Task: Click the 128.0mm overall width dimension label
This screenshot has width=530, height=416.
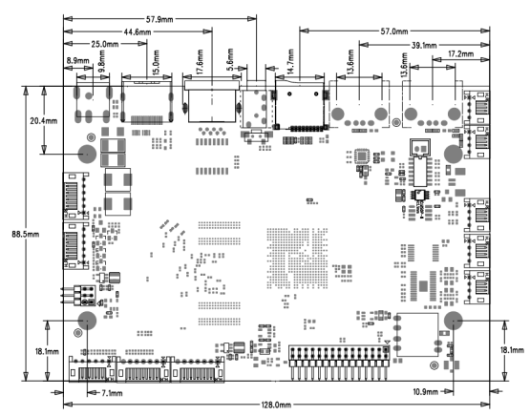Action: [x=276, y=405]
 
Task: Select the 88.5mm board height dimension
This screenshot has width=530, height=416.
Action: [x=26, y=234]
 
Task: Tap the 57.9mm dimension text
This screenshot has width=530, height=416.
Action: [x=159, y=19]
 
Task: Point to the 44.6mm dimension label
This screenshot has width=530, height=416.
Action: [x=138, y=32]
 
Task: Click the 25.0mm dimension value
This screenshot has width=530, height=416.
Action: [x=105, y=44]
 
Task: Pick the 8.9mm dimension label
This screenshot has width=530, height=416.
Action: [x=77, y=61]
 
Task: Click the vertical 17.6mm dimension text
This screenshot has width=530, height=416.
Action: [x=200, y=62]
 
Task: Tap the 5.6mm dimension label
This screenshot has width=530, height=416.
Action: [x=230, y=59]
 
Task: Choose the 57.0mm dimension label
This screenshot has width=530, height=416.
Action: [x=394, y=31]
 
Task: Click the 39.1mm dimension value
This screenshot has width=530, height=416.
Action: [x=424, y=45]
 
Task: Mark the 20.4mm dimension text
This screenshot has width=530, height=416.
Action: [x=44, y=120]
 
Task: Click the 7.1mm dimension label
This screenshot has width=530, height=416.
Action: [x=112, y=393]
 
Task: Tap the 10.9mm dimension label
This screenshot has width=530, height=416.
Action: [x=426, y=392]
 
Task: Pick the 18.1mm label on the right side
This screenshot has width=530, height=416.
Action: [x=512, y=350]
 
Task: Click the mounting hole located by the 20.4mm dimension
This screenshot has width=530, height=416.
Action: [x=87, y=154]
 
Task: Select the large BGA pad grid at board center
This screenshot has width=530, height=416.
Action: [x=297, y=259]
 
